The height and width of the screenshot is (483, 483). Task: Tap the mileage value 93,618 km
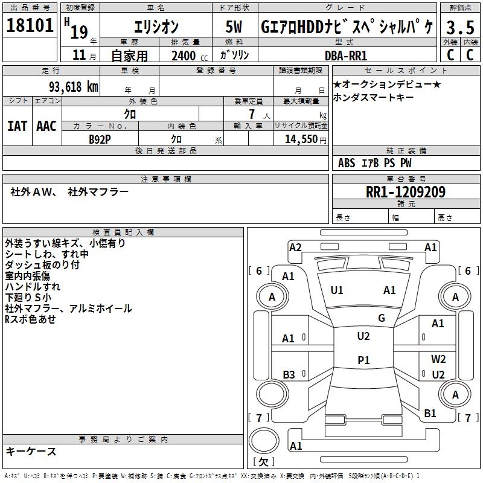(72, 87)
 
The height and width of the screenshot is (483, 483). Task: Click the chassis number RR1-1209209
(405, 193)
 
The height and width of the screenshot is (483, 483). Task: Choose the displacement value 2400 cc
(188, 56)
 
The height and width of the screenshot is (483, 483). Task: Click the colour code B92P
(100, 139)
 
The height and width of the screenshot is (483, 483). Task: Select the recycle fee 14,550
(300, 139)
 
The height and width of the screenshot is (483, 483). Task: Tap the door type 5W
(234, 27)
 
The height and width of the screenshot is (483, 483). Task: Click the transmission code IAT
(17, 126)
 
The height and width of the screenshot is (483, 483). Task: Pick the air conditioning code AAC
(46, 126)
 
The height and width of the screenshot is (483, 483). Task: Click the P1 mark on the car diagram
(363, 360)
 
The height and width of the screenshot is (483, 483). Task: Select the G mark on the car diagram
(381, 318)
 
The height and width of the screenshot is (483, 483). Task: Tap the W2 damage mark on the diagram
(438, 359)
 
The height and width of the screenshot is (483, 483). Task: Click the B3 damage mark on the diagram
(289, 375)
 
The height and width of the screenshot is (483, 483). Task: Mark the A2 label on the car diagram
(295, 247)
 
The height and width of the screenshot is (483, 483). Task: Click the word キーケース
(31, 451)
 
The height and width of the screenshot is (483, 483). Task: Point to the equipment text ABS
(347, 162)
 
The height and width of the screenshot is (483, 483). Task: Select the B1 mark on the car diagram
(430, 414)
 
